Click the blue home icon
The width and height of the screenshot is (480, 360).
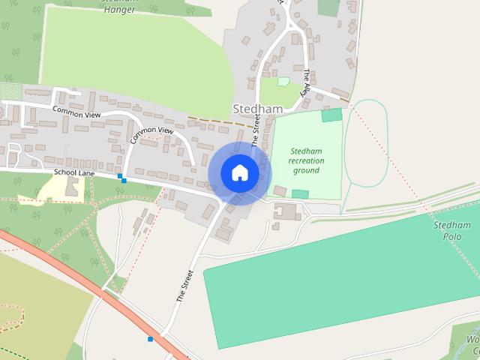coord(240,173)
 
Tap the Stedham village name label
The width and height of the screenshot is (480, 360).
coord(257,109)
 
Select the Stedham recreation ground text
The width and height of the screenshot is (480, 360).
coord(306,160)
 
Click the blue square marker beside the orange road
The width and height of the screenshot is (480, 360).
coord(151,339)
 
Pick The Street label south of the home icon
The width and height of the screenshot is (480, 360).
coord(184,285)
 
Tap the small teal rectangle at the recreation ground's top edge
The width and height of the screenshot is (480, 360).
coord(331,115)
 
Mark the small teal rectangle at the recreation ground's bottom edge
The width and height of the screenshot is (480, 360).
coord(300,194)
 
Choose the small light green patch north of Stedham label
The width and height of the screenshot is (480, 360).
coord(283,81)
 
